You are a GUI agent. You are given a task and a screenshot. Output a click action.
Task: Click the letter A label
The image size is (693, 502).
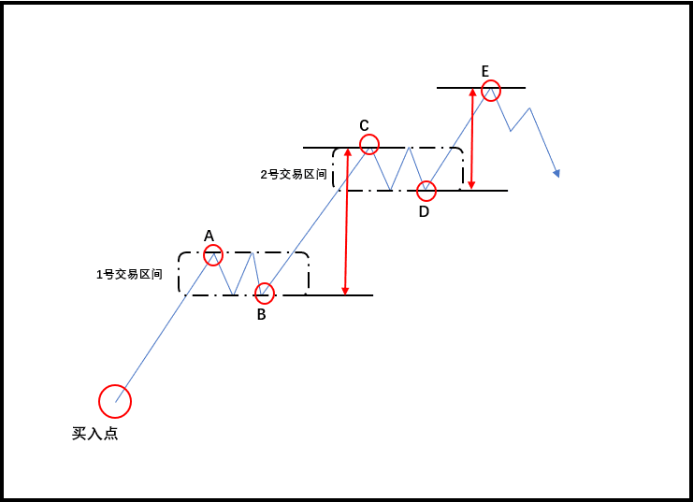209,236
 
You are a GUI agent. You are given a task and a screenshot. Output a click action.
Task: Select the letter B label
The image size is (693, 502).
262,315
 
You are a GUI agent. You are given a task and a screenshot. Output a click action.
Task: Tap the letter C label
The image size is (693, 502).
365,125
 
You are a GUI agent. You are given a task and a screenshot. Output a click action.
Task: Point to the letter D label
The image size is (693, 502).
424,212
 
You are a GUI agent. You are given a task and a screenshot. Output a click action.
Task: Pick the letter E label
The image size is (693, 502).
485,71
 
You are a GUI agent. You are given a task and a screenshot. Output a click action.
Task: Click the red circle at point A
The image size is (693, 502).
214,254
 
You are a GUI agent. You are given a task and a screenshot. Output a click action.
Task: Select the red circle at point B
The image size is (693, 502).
266,294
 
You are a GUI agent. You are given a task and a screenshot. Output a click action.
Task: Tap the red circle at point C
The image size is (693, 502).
369,144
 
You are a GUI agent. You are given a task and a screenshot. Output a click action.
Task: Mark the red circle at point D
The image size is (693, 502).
426,191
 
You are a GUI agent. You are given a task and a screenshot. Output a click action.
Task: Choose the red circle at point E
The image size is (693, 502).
491,90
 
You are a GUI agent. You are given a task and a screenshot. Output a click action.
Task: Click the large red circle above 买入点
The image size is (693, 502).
115,401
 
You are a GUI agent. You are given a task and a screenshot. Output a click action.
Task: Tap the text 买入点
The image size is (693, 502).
94,434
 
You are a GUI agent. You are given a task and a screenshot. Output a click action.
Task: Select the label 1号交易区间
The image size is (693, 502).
129,275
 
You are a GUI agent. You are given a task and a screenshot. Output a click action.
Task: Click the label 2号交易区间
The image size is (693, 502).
293,174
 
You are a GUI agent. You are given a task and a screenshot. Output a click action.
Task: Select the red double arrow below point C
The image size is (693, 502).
347,222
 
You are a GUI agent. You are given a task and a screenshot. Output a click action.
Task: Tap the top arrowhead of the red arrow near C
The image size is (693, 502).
347,152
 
